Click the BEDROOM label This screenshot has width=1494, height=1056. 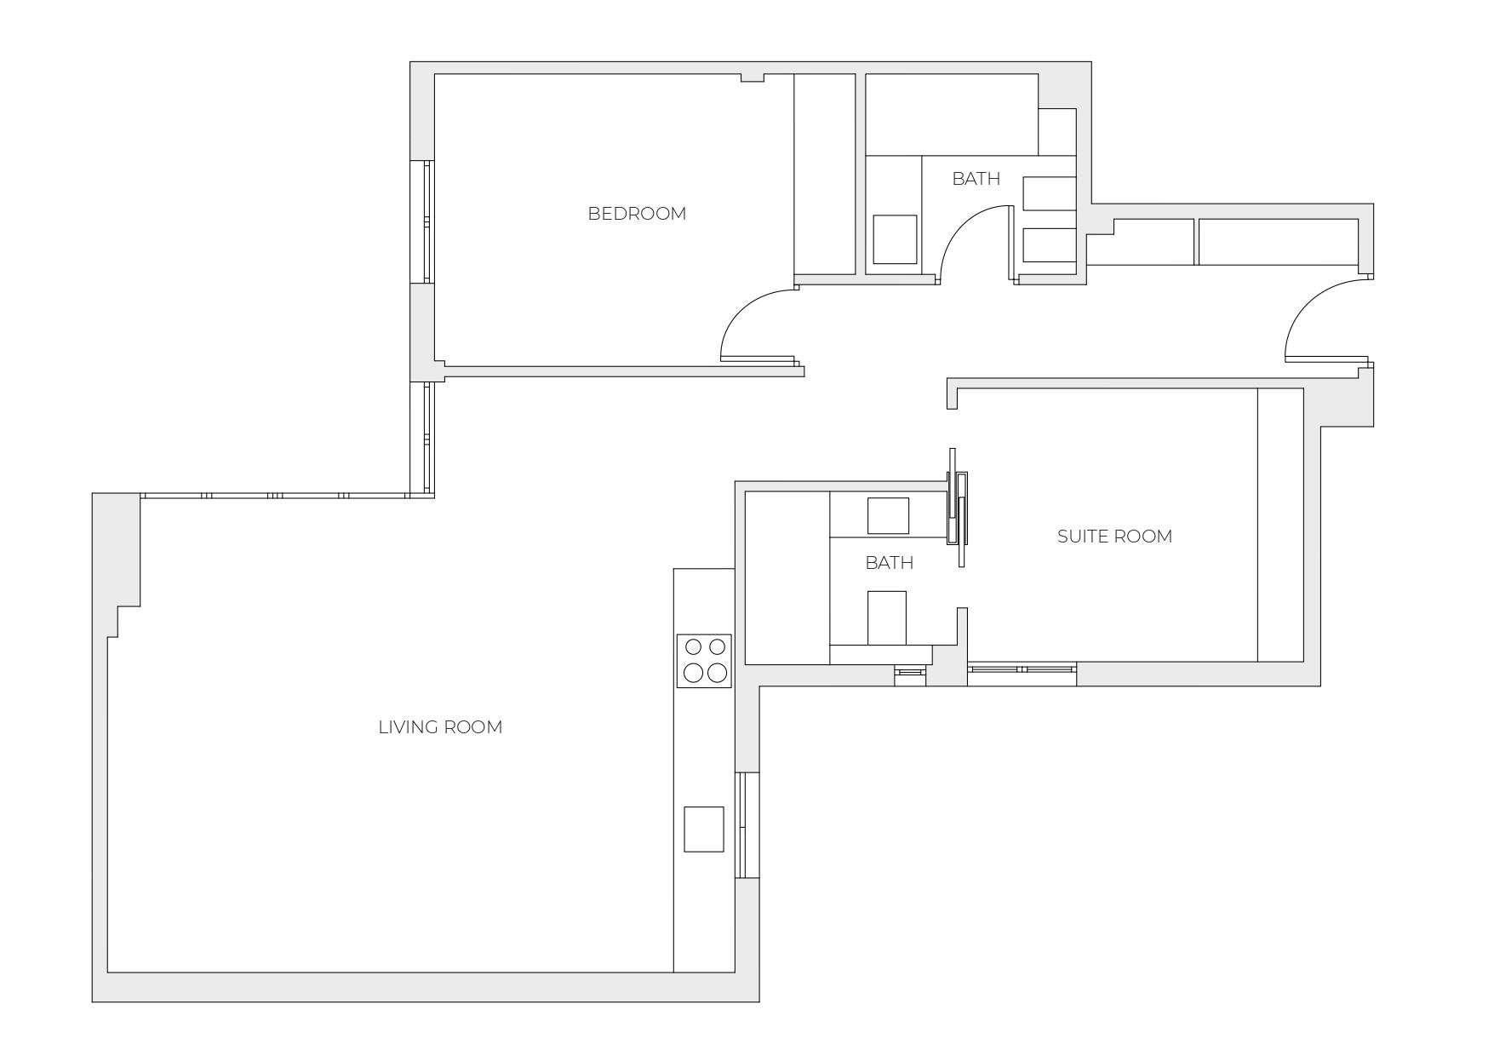(637, 214)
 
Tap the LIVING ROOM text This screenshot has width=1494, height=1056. (440, 727)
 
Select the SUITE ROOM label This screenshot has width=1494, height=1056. (1114, 537)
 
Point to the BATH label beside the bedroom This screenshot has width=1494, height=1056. (976, 179)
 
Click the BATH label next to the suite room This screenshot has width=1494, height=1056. (889, 563)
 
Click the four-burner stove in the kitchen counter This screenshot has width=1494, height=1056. (704, 661)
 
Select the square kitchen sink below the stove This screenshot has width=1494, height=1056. (704, 829)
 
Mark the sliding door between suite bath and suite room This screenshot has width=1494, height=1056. (959, 508)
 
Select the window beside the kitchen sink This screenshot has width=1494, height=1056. (747, 825)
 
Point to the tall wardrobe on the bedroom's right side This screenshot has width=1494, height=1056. (824, 174)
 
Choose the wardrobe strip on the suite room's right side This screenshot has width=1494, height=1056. (1280, 525)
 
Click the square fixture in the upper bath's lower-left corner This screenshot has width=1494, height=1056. (895, 239)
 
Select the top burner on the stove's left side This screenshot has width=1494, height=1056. (694, 647)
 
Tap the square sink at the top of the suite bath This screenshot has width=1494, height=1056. (888, 515)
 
